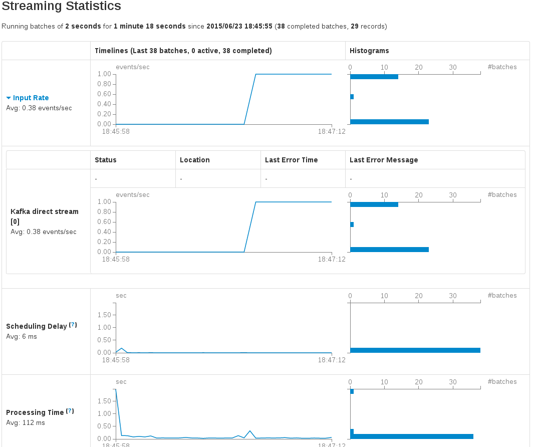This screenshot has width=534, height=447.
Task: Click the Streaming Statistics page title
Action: tap(62, 7)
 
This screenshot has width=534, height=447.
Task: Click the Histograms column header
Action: tap(369, 51)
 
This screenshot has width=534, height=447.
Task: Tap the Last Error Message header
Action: tap(383, 160)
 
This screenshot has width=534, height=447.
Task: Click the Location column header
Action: tap(194, 160)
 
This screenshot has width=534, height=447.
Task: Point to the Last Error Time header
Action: tap(291, 160)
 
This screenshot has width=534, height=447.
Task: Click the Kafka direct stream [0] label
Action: tap(44, 216)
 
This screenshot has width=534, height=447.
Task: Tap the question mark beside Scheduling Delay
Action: tap(73, 325)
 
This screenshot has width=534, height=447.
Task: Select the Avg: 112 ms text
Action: tap(25, 422)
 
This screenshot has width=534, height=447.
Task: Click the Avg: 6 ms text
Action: tap(22, 336)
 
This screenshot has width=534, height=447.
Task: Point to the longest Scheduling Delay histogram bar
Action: tap(415, 350)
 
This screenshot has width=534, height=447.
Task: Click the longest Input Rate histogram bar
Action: tap(389, 122)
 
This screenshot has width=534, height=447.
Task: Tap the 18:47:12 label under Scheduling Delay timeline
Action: tap(332, 360)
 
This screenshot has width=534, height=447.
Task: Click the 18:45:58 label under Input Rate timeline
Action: tap(116, 131)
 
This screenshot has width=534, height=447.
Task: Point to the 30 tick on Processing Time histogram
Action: tap(453, 382)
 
